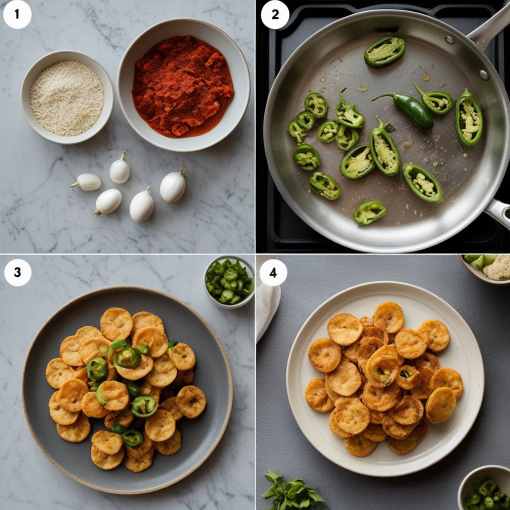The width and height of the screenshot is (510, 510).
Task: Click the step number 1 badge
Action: [x=17, y=15]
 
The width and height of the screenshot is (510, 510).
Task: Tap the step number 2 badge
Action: [x=275, y=15]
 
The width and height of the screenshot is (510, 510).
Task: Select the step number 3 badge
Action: [x=17, y=272]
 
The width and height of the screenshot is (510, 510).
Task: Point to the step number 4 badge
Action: [x=273, y=272]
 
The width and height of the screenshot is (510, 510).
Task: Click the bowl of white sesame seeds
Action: [x=67, y=97]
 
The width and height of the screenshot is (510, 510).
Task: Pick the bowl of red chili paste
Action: [x=183, y=85]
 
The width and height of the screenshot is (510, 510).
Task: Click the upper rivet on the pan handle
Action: [x=450, y=40]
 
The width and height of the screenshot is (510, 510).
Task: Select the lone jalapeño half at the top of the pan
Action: [x=385, y=52]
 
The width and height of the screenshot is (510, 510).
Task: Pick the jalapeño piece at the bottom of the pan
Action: [x=370, y=212]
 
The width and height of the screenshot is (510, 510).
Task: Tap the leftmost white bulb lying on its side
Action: [x=86, y=182]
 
